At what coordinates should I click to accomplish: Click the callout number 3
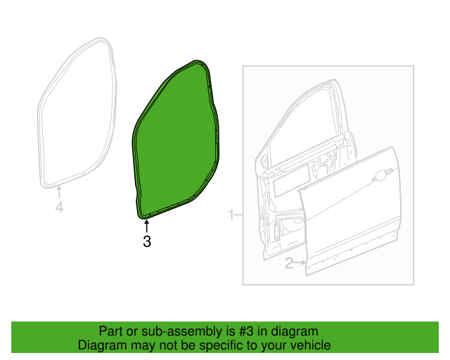click(x=147, y=242)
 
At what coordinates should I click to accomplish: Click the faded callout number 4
click(x=59, y=207)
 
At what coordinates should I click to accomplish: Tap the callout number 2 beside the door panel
click(x=288, y=264)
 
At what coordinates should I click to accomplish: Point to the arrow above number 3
click(x=147, y=226)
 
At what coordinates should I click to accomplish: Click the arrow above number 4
click(x=59, y=192)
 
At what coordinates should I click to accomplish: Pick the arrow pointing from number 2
click(x=300, y=264)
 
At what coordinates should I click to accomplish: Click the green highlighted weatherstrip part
click(x=176, y=141)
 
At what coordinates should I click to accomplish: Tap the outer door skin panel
click(x=352, y=218)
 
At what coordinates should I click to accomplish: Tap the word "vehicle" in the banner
click(x=311, y=346)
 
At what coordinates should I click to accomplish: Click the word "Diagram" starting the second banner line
click(x=100, y=346)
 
